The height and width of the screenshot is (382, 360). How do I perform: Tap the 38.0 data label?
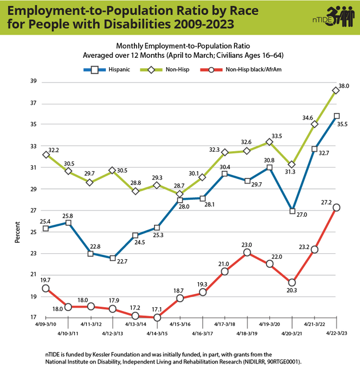(x=344, y=86)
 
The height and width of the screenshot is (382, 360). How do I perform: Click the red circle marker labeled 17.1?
(x=157, y=317)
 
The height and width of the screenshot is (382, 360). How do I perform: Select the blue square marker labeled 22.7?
(x=113, y=258)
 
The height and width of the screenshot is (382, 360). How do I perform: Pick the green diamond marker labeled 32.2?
(x=46, y=154)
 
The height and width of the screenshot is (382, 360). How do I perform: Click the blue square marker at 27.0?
(x=292, y=211)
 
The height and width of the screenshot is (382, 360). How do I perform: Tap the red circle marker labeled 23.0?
(x=247, y=252)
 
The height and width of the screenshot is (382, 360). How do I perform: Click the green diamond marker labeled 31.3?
(x=292, y=164)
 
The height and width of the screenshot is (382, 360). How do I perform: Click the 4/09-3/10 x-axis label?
(x=46, y=324)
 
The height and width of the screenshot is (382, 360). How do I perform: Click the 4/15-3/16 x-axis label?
(x=180, y=324)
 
